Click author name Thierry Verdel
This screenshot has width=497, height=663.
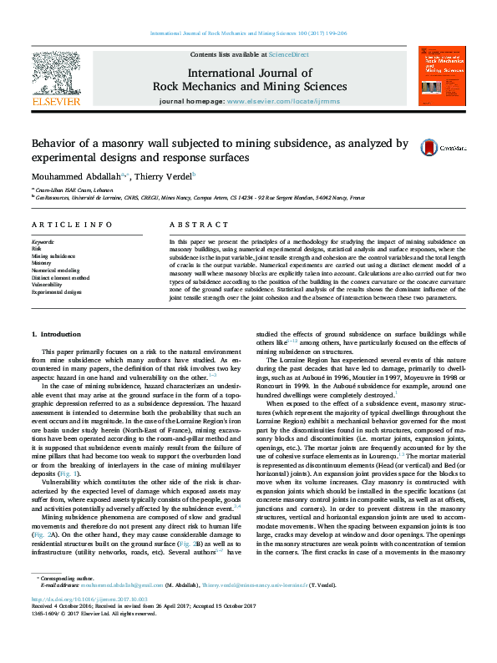[x=165, y=176]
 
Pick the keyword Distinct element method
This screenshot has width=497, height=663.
[x=61, y=278]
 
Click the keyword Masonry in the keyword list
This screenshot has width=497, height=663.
[x=43, y=263]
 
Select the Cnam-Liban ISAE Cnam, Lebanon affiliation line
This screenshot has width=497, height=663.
[x=76, y=190]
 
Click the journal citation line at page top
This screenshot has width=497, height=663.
[x=248, y=33]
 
